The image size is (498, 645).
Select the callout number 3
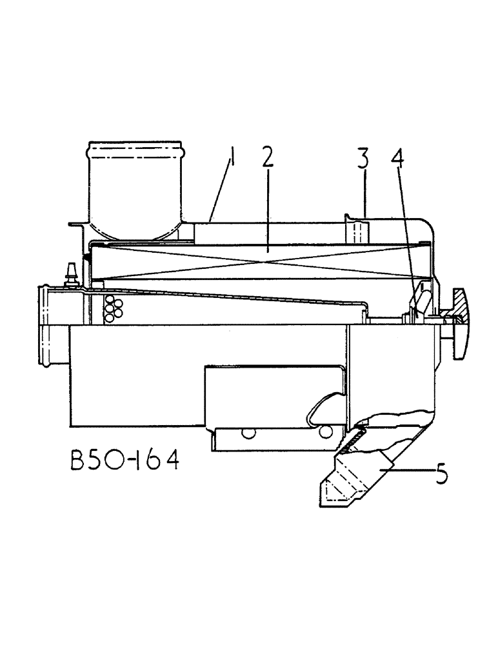[364, 159]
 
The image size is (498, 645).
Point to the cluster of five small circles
[114, 308]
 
